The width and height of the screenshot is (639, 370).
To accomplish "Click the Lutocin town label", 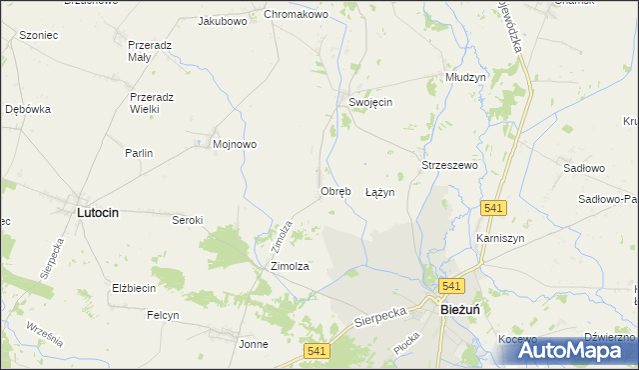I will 105,213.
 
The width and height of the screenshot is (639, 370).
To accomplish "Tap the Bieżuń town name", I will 463,311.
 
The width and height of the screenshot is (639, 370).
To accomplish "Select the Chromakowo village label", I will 297,15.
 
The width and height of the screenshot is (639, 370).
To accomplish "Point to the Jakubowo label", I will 223,20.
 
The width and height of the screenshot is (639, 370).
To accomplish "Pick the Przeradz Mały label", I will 154,51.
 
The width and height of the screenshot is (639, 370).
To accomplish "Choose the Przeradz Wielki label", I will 152,103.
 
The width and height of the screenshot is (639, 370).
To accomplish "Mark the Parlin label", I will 138,153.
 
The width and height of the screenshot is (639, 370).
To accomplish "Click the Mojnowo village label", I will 235,144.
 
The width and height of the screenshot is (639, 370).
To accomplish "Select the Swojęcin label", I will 369,103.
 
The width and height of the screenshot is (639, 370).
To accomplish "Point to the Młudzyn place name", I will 465,77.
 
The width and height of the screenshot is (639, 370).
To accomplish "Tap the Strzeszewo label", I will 450,165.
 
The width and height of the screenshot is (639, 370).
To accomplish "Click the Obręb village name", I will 335,191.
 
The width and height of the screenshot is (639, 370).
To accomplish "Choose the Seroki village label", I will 188,220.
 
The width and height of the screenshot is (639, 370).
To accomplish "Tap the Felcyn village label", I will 163,315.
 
